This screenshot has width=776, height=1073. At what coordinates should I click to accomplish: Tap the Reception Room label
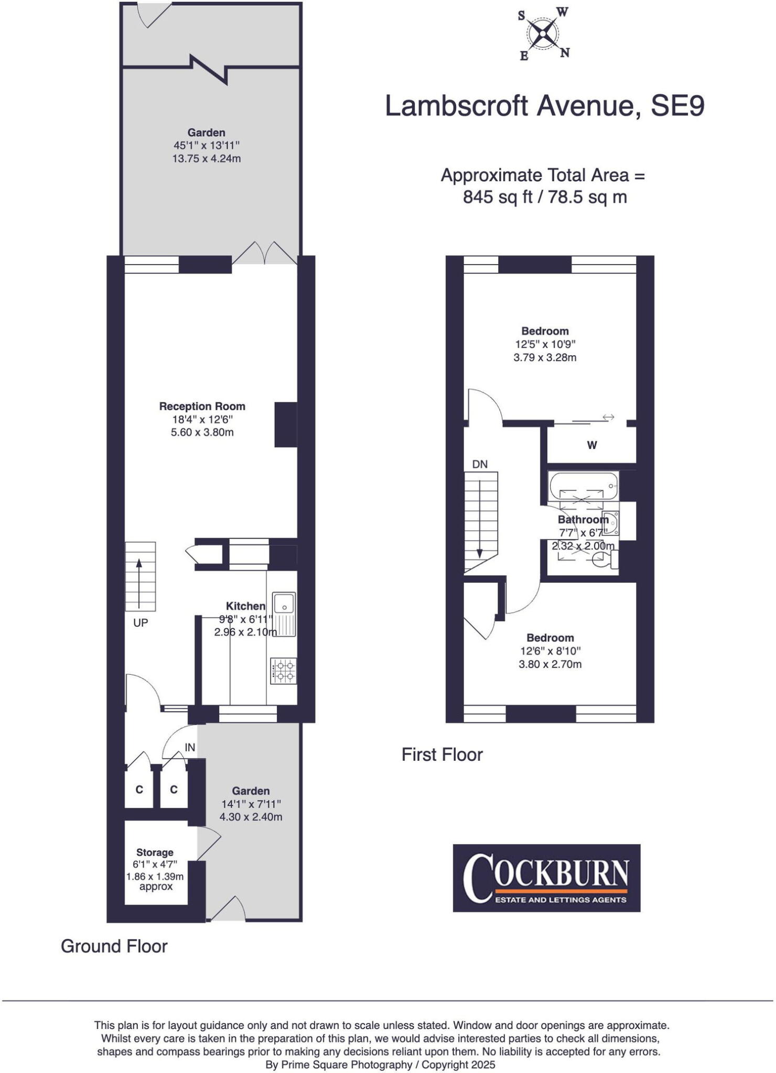tap(202, 406)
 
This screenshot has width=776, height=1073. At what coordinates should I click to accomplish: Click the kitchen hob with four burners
tap(284, 671)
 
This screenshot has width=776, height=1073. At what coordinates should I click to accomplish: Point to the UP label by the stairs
tap(141, 623)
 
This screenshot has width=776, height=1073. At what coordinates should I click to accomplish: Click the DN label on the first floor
tap(480, 464)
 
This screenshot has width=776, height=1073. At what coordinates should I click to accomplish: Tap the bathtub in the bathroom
tap(583, 486)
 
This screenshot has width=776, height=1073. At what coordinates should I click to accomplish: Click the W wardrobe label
tap(592, 445)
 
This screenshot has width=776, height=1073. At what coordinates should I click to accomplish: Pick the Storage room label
tap(155, 852)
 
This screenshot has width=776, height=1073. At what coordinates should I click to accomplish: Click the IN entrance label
tap(190, 748)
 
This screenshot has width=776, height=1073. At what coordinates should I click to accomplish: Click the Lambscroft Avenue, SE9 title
tap(544, 106)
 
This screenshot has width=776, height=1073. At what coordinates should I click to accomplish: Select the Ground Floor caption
tap(114, 946)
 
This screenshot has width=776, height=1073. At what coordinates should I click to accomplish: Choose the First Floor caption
tap(442, 754)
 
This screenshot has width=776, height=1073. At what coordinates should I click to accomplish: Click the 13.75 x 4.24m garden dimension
tap(207, 158)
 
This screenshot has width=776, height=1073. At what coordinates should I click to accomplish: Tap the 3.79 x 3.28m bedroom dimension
tap(545, 358)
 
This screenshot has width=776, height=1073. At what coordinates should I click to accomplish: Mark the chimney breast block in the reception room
tap(286, 424)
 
